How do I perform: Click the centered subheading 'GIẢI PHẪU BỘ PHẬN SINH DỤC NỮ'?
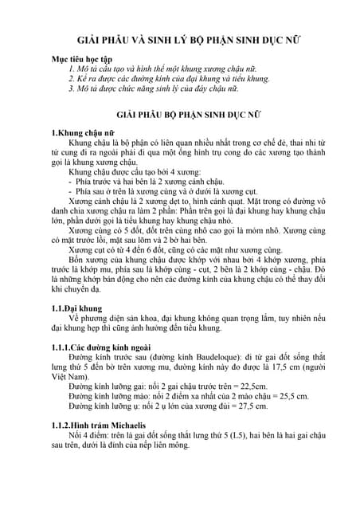[x=179, y=115]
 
